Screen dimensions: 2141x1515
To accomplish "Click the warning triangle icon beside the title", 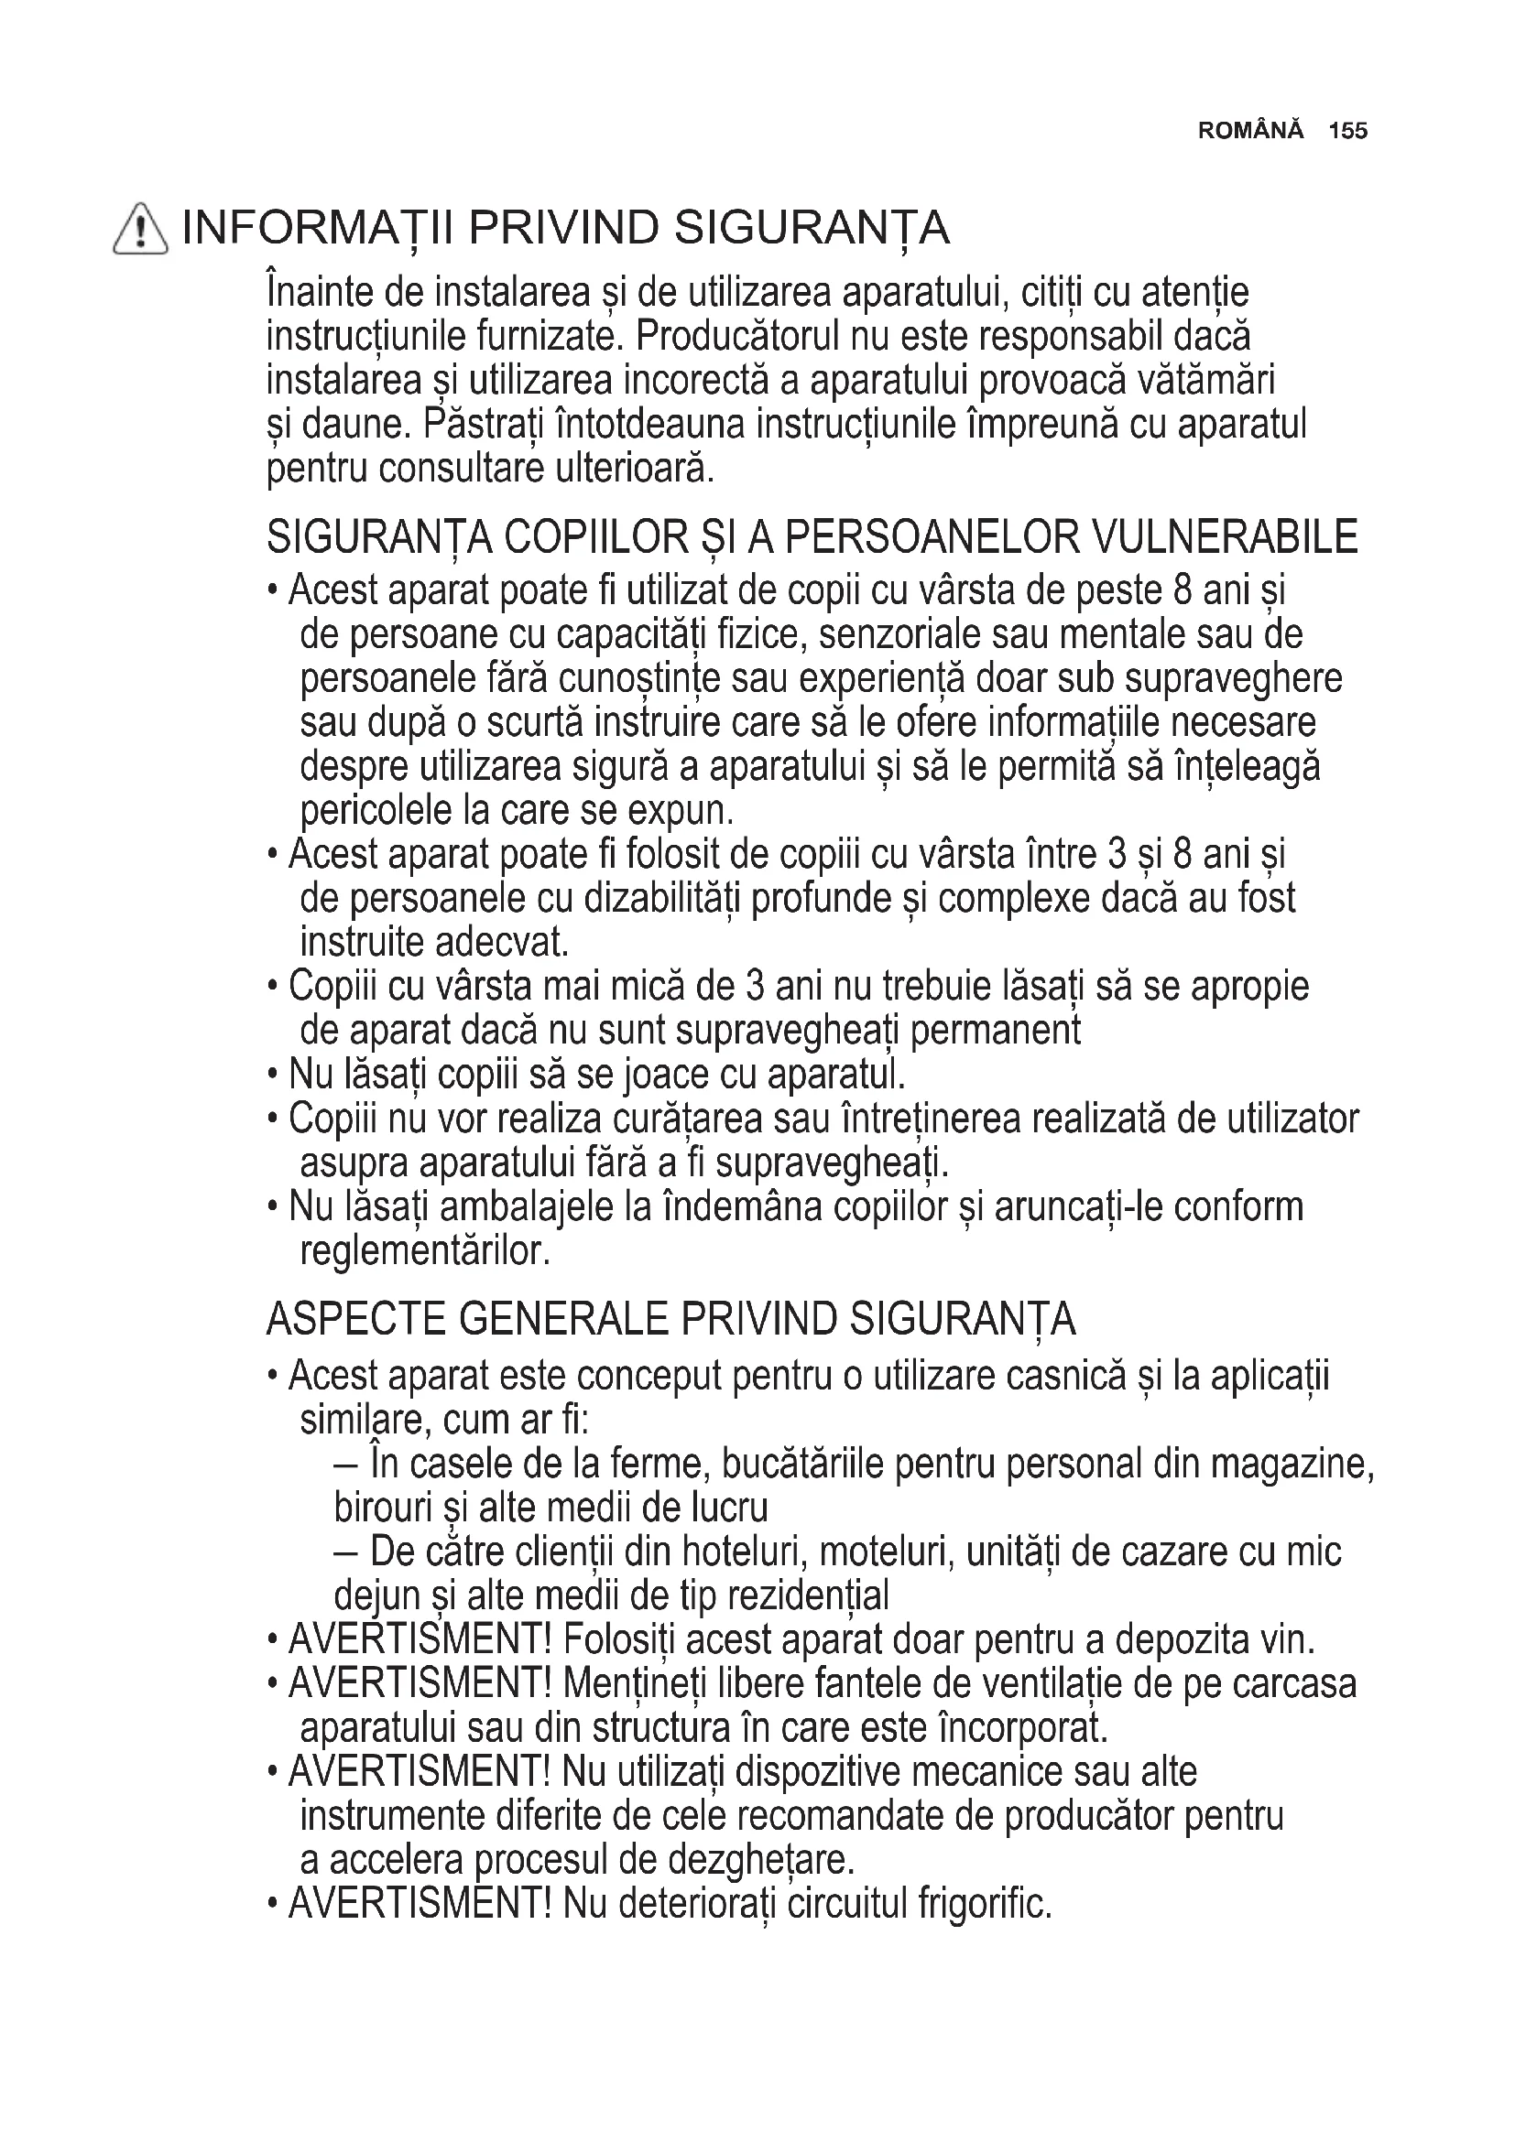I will [140, 230].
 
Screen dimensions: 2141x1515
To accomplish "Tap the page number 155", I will [1348, 132].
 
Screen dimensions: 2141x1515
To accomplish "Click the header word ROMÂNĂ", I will [1250, 132].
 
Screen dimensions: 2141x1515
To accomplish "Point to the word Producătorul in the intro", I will [737, 337].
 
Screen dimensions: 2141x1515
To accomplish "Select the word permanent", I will [995, 1031].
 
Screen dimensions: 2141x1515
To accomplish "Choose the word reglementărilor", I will [424, 1251].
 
